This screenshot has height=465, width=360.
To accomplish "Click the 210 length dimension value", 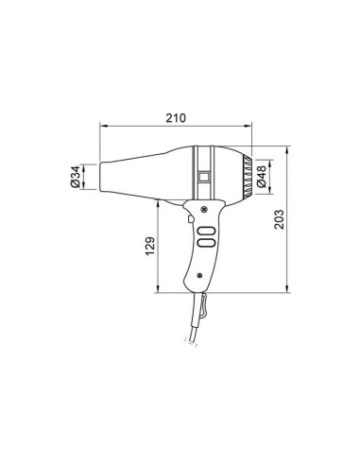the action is point(176,118).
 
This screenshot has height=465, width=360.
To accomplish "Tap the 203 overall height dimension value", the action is point(279,219).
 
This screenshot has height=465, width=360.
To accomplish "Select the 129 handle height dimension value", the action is point(150,246).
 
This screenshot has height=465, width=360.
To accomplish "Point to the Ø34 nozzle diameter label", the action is point(76,177).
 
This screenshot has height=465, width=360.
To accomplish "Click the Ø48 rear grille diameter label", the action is point(262,177).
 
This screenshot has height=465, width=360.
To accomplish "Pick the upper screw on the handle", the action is point(204,209).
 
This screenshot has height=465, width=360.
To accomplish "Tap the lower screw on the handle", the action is point(199,276).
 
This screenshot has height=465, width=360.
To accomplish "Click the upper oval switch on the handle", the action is point(207,232).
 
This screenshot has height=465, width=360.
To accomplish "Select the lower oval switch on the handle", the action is point(207,243).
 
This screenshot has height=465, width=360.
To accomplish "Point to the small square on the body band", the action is point(204,177).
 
